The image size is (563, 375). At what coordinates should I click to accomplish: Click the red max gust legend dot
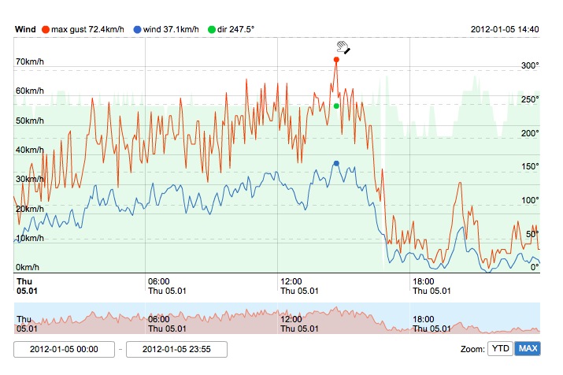pyautogui.click(x=46, y=29)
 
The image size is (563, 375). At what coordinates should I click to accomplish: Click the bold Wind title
pyautogui.click(x=25, y=29)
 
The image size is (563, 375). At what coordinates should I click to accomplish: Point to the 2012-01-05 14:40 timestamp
pyautogui.click(x=505, y=29)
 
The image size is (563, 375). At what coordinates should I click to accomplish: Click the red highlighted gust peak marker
pyautogui.click(x=336, y=59)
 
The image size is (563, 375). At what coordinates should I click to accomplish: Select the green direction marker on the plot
pyautogui.click(x=336, y=106)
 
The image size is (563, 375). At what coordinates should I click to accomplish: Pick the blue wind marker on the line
pyautogui.click(x=336, y=163)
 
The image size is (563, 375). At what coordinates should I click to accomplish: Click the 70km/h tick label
pyautogui.click(x=31, y=61)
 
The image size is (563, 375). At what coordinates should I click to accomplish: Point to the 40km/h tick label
pyautogui.click(x=31, y=150)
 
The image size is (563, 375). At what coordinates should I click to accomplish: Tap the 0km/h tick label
pyautogui.click(x=28, y=267)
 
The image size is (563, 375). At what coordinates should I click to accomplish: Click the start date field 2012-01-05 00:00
pyautogui.click(x=64, y=349)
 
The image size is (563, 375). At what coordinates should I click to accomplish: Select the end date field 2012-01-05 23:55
pyautogui.click(x=176, y=349)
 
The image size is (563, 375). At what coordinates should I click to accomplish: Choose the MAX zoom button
pyautogui.click(x=527, y=348)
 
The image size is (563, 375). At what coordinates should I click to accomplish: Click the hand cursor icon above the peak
pyautogui.click(x=342, y=46)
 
